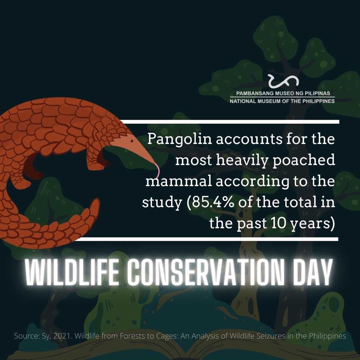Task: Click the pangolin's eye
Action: [132, 141]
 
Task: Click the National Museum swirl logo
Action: [283, 81]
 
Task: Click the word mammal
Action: [178, 182]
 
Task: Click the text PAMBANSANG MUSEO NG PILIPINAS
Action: [283, 93]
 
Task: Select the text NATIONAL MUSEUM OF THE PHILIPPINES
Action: [282, 101]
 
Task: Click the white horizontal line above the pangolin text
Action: [229, 122]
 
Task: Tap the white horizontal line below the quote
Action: [208, 239]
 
